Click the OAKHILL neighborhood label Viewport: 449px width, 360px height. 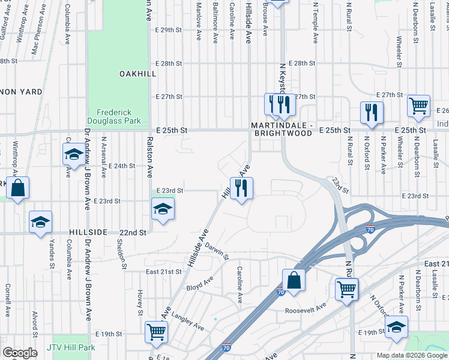point(137,73)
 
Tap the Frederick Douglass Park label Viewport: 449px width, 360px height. point(118,116)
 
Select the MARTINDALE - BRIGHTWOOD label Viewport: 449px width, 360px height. point(282,129)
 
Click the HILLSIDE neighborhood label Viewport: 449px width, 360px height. point(88,232)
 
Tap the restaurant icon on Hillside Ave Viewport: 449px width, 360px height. point(242,188)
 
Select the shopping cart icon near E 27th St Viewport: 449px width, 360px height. point(418,106)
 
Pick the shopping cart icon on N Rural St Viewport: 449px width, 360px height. point(348,289)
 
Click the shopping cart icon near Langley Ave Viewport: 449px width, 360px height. point(157,331)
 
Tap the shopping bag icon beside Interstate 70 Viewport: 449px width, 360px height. point(294,280)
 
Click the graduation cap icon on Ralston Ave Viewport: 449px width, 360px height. point(162,210)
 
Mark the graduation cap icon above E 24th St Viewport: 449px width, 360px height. point(74,155)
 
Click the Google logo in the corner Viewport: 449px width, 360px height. point(20,353)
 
